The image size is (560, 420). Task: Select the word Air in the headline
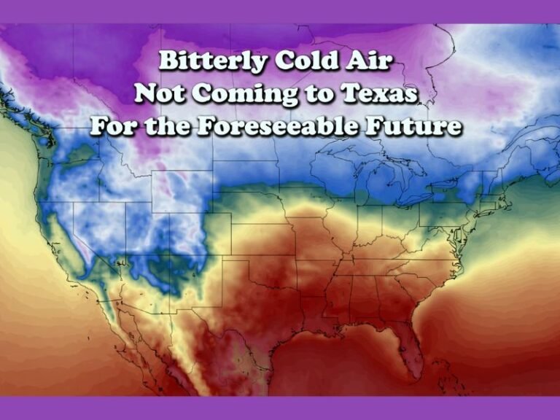coord(372,62)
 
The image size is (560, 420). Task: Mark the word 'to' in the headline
coord(322,95)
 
